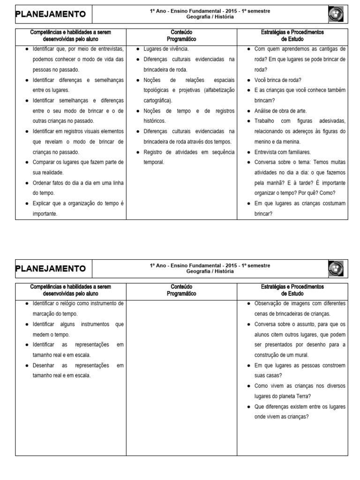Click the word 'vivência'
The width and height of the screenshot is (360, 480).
click(178, 49)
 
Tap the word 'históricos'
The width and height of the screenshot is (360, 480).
click(154, 121)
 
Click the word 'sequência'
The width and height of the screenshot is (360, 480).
click(221, 152)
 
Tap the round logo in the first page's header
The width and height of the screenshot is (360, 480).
click(336, 15)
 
